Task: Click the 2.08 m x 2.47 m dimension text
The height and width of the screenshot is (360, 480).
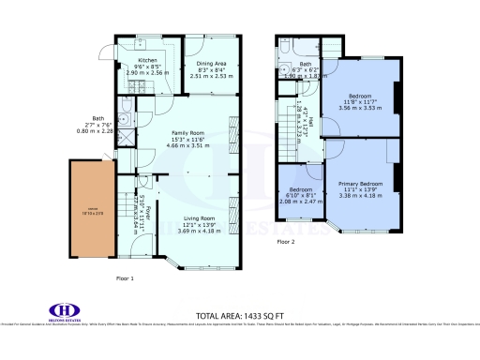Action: [301, 201]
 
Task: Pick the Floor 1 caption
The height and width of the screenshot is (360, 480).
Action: [125, 278]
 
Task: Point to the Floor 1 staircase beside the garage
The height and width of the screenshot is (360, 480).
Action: [124, 203]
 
